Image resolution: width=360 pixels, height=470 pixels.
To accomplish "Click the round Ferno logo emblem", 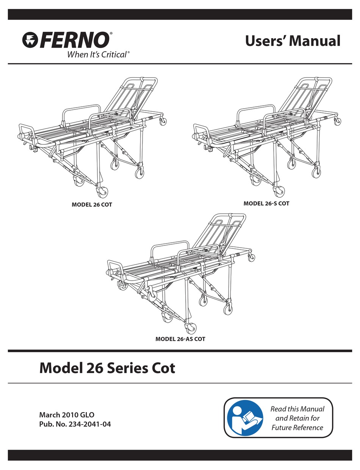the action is pos(30,40).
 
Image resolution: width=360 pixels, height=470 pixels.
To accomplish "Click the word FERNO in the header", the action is pos(74,40).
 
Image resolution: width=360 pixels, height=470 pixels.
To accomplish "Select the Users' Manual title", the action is pos(293,41).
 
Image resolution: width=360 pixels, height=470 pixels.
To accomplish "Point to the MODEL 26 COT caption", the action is pos(92,205).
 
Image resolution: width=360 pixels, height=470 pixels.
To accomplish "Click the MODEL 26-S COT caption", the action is pos(266,203).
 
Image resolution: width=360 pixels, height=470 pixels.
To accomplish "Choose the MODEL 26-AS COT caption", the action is pos(180,339).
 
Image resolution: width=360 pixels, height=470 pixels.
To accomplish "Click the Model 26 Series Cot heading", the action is pos(107,368).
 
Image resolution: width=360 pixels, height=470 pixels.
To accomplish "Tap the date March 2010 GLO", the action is pos(67,415).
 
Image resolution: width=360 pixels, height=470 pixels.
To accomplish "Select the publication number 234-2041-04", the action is pos(89,424).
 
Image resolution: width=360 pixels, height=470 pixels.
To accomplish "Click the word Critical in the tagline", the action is pos(114,55).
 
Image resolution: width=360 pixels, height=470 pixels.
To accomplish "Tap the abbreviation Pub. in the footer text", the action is pos(45,424).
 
